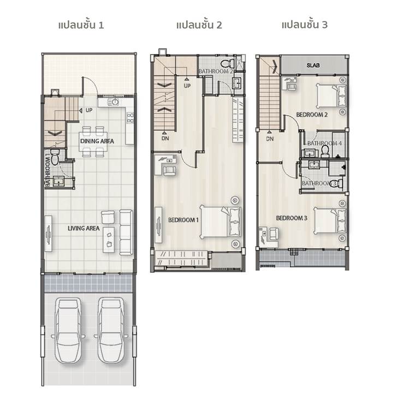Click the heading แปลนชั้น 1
click(x=81, y=25)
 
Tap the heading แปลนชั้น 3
click(x=305, y=25)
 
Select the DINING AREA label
click(x=97, y=141)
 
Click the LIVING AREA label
click(x=84, y=228)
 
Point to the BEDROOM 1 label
click(x=183, y=220)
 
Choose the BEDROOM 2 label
click(x=312, y=115)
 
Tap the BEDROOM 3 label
click(x=291, y=218)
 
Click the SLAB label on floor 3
click(x=313, y=65)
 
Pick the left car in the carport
click(x=68, y=331)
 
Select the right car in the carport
click(x=111, y=331)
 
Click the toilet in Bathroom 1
click(x=55, y=157)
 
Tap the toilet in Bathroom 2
click(x=228, y=63)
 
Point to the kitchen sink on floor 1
click(x=114, y=102)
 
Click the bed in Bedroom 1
click(x=221, y=222)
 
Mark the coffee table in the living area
click(x=109, y=240)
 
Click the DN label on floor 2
click(x=165, y=138)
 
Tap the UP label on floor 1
click(x=89, y=110)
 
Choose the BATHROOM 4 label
click(x=324, y=143)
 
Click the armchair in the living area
click(x=108, y=217)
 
